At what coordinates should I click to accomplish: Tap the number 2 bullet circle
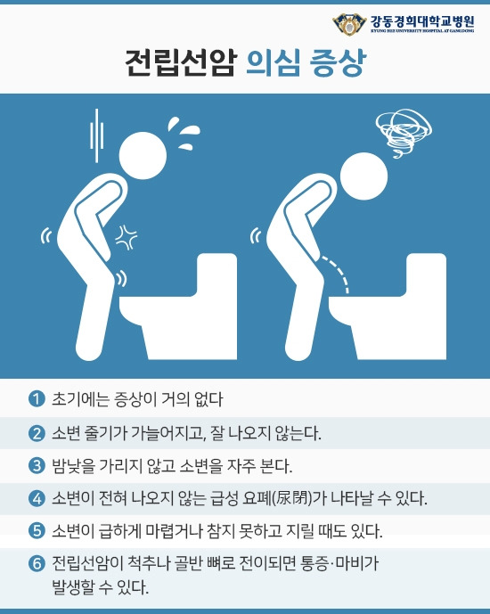37,434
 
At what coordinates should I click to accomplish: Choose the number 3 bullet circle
37,465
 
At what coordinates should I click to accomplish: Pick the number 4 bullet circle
37,497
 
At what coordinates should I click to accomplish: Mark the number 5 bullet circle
37,531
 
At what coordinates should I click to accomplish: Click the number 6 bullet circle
37,564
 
